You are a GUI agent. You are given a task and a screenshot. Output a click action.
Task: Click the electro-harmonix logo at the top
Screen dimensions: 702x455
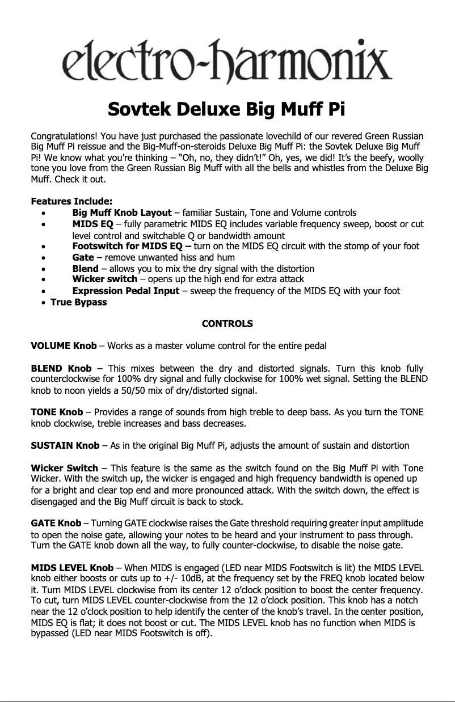[x=227, y=61]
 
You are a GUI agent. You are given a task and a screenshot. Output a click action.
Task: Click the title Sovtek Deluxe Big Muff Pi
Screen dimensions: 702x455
[x=227, y=108]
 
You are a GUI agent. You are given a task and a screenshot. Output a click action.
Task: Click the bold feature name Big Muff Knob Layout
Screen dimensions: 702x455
[x=122, y=212]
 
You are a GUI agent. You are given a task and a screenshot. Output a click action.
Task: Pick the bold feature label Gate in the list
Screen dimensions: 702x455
[x=83, y=257]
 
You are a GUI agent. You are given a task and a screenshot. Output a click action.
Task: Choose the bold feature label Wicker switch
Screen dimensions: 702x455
[x=105, y=279]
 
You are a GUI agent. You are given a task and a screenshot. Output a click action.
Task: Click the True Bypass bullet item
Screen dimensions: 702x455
[x=79, y=302]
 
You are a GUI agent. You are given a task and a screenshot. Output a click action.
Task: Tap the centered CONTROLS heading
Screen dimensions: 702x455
[x=227, y=324]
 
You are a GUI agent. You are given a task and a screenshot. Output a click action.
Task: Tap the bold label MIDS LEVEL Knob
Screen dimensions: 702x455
[x=72, y=567]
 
